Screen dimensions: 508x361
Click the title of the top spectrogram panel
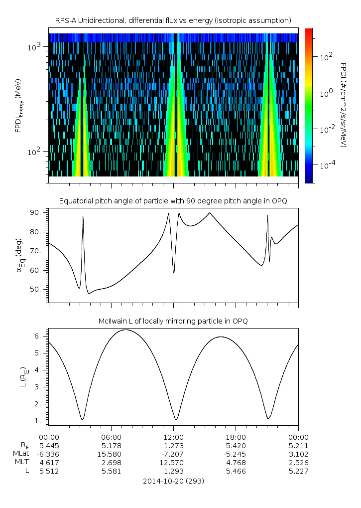173,20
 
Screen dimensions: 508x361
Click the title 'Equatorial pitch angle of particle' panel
173,201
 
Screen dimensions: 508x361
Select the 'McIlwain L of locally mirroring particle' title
173,321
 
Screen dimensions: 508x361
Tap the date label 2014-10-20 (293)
173,481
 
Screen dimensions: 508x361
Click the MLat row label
21,454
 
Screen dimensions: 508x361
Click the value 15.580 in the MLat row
111,454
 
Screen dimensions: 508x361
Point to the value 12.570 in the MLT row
173,463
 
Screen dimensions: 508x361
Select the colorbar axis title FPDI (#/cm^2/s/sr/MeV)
343,105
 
